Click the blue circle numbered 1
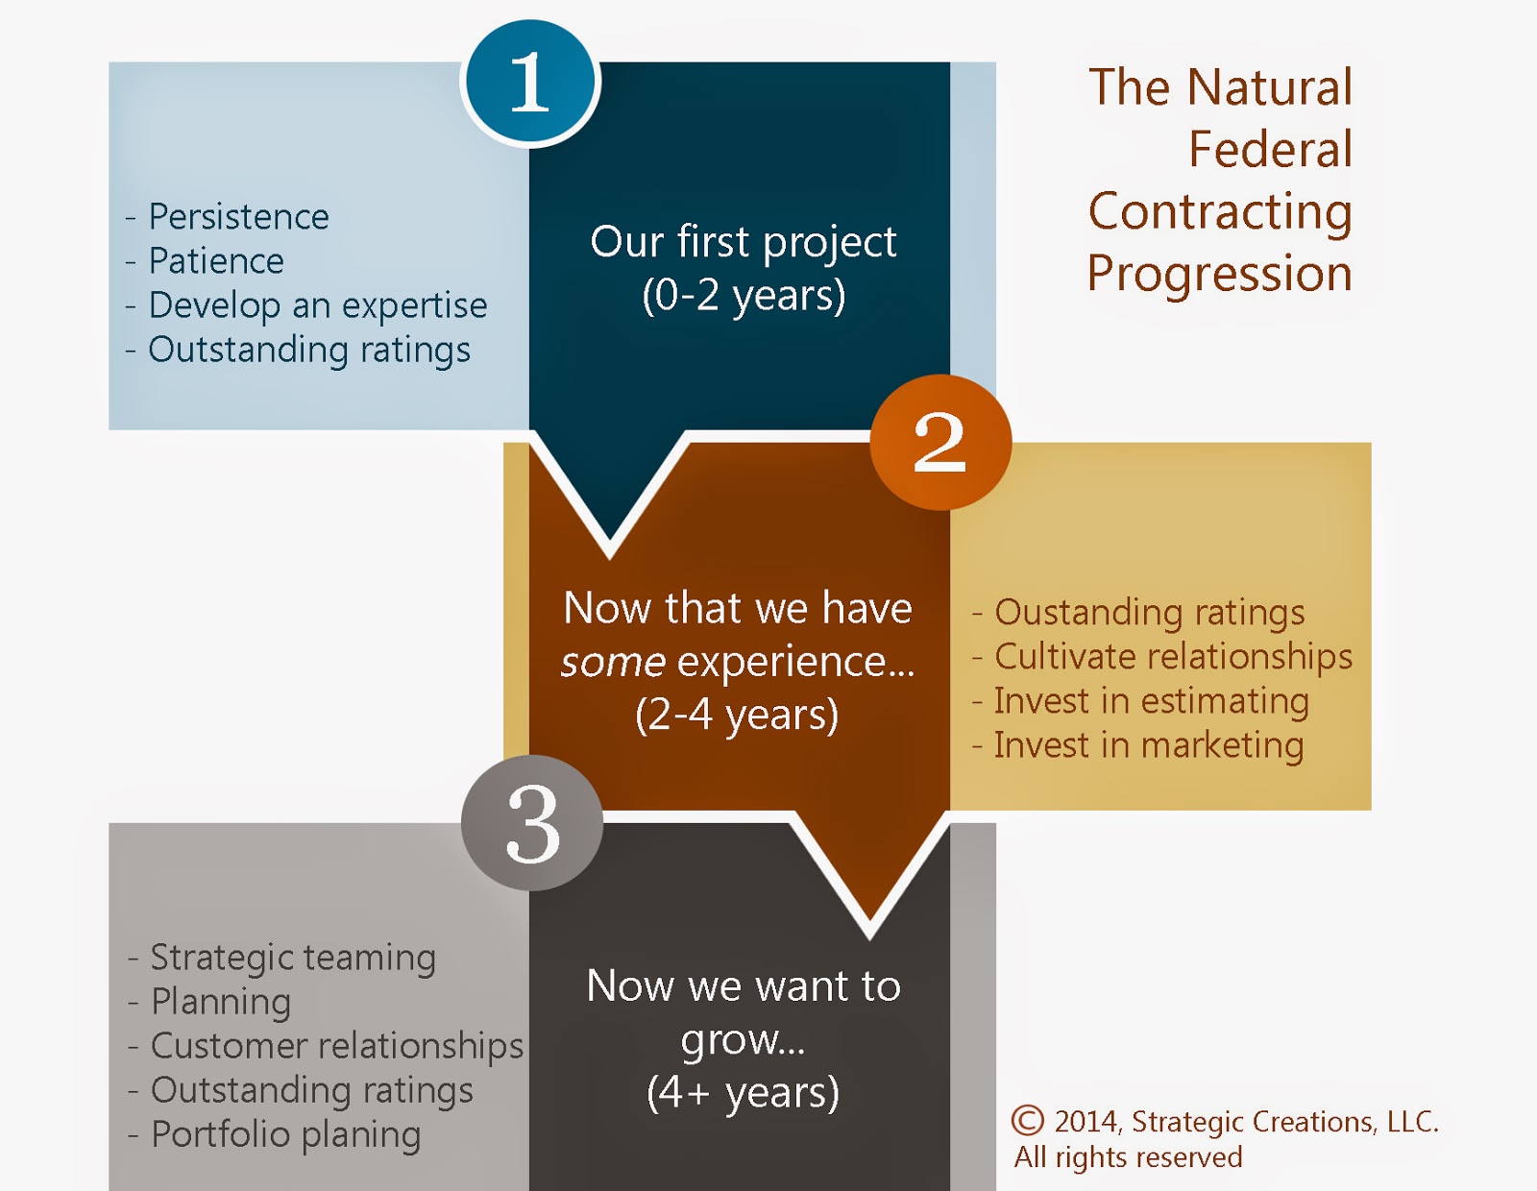(x=529, y=82)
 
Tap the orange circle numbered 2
(x=940, y=442)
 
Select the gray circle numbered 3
(x=532, y=823)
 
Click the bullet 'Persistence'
(x=227, y=216)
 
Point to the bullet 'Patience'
(x=205, y=261)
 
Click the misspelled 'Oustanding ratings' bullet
(x=1138, y=613)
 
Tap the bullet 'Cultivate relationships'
(x=1162, y=657)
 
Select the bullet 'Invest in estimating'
(x=1140, y=702)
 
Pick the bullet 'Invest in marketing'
(x=1137, y=746)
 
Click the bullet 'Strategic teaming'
(x=281, y=959)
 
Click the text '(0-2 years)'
(x=744, y=296)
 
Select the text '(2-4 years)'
(x=736, y=715)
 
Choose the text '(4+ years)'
(x=743, y=1093)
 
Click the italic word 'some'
(x=613, y=663)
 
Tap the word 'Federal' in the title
(x=1270, y=149)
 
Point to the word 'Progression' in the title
(x=1220, y=275)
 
